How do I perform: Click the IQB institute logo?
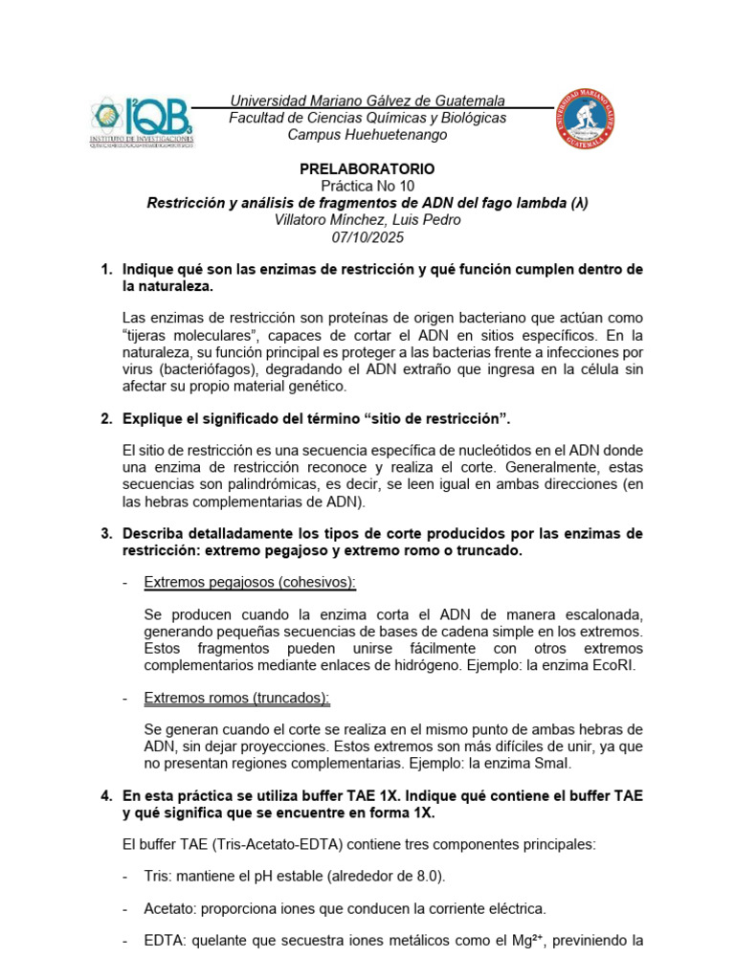(x=143, y=122)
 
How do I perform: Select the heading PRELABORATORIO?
(x=367, y=168)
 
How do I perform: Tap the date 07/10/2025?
(x=367, y=237)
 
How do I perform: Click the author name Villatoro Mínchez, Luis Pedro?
(x=367, y=220)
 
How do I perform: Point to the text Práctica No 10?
(x=367, y=186)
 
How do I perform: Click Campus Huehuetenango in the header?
(x=367, y=135)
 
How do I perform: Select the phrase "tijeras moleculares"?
(x=196, y=335)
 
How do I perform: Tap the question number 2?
(x=106, y=418)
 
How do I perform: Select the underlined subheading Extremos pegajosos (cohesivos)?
(x=250, y=582)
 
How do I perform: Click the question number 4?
(x=106, y=795)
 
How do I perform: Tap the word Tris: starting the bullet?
(x=160, y=877)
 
